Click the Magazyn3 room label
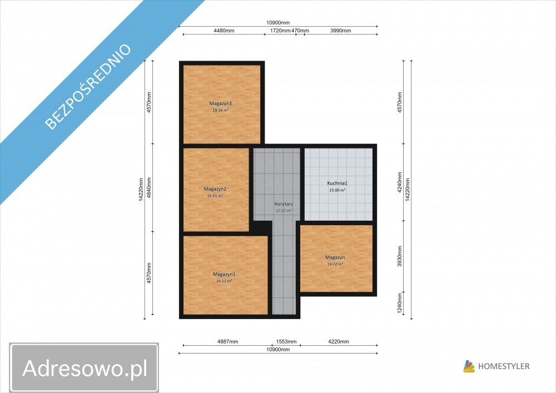pos(221,103)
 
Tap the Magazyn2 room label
pos(215,189)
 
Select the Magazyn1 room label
pos(224,274)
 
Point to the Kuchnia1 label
pos(336,183)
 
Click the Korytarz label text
pos(284,204)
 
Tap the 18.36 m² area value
pos(221,110)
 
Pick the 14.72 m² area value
pos(335,264)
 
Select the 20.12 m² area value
pos(224,281)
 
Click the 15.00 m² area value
pos(336,190)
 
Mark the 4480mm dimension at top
pos(224,31)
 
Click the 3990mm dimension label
pos(341,31)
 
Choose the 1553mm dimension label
pos(286,341)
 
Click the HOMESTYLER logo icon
pos(469,366)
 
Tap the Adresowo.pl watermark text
pos(85,367)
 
